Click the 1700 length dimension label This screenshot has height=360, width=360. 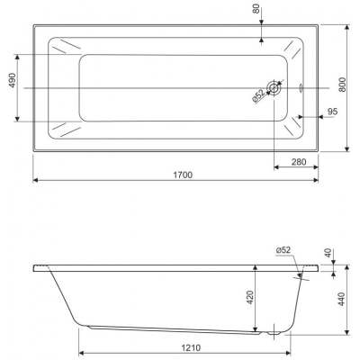183,175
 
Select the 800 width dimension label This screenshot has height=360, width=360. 344,85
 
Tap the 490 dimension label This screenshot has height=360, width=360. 13,80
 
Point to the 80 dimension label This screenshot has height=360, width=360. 256,9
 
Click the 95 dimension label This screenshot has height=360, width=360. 332,112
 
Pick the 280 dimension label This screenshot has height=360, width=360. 299,162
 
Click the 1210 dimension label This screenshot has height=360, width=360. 191,348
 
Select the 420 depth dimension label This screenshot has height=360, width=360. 250,298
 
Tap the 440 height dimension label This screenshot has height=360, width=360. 342,299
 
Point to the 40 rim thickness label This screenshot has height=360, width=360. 328,253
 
